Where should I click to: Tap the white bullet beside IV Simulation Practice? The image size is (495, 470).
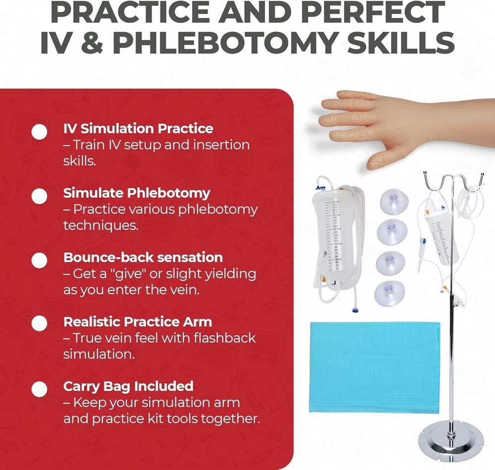pyautogui.click(x=39, y=132)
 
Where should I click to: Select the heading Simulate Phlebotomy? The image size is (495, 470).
pyautogui.click(x=137, y=193)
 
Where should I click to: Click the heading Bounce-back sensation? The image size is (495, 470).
pyautogui.click(x=143, y=257)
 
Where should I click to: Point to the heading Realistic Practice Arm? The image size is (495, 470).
pyautogui.click(x=138, y=321)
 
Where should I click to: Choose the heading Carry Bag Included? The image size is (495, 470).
pyautogui.click(x=128, y=386)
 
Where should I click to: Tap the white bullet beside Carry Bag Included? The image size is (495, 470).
pyautogui.click(x=39, y=389)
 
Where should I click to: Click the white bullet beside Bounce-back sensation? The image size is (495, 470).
pyautogui.click(x=39, y=261)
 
